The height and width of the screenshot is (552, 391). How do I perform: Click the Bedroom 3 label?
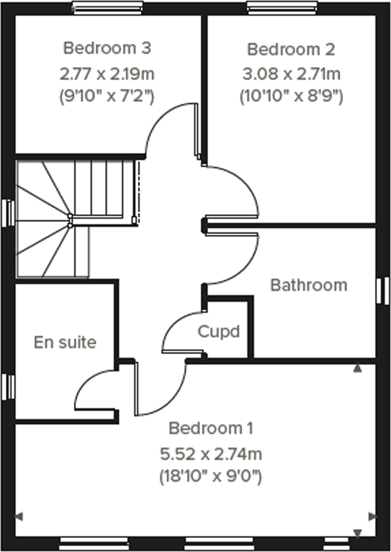(107, 48)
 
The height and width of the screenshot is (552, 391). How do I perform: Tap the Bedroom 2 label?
(291, 50)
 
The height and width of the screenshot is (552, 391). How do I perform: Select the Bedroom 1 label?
(211, 428)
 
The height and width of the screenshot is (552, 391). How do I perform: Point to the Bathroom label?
(309, 285)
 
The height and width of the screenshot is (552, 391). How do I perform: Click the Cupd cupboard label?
(219, 332)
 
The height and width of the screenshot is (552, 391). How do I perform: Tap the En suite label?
(65, 342)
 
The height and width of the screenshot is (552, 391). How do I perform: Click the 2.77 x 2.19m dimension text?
(107, 74)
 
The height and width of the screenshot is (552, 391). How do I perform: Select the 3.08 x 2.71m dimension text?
(291, 74)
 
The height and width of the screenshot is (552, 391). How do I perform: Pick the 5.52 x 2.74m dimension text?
(211, 454)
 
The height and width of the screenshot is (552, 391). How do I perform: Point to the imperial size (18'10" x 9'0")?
(211, 476)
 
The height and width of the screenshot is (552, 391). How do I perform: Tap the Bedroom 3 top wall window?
(108, 8)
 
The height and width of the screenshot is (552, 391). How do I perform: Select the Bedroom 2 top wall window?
(282, 8)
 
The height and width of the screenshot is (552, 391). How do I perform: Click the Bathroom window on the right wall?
(383, 291)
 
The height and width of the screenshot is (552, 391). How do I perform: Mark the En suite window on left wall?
(8, 387)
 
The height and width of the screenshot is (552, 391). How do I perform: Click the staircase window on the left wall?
(8, 213)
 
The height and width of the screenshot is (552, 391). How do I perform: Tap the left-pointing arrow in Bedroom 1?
(19, 517)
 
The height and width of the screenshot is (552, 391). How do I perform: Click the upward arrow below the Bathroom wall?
(357, 369)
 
